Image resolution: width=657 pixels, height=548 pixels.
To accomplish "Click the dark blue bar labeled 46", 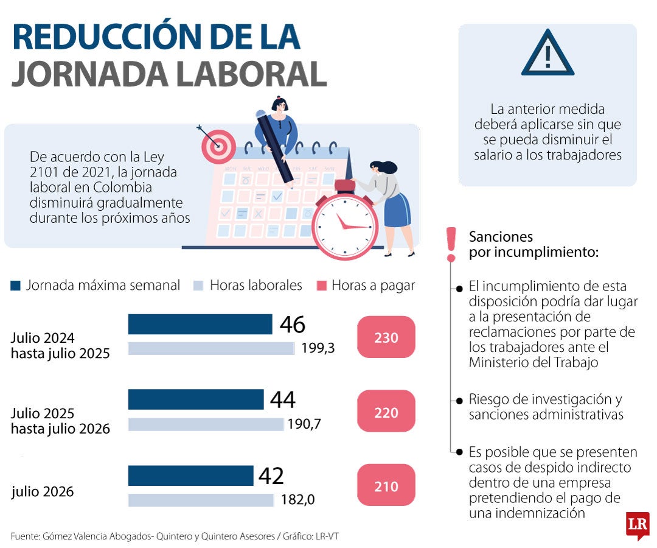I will click(200, 325).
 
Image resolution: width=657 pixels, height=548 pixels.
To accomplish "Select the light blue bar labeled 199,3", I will click(210, 348).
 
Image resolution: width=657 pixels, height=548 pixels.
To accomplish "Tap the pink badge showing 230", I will click(386, 337).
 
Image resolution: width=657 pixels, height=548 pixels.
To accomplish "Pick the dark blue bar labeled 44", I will click(195, 399).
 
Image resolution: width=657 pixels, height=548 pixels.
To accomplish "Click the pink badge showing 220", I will click(386, 412).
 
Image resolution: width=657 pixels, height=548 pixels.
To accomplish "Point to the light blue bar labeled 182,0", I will click(201, 500).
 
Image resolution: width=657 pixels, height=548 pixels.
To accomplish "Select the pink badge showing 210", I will click(386, 487).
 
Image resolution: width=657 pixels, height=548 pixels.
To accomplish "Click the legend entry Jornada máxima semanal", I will click(96, 285).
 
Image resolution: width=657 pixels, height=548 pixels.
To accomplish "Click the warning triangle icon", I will click(547, 55).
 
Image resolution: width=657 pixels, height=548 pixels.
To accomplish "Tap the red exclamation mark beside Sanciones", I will click(451, 244).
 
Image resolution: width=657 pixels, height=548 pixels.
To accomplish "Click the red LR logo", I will click(638, 525).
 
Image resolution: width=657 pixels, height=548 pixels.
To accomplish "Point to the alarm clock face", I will click(344, 225).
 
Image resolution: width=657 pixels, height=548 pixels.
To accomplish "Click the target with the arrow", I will click(218, 146).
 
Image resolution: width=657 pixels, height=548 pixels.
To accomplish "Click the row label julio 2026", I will click(43, 491).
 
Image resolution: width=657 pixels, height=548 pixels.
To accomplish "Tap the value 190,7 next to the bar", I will click(304, 424).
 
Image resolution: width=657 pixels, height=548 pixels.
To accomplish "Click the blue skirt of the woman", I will click(397, 210).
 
